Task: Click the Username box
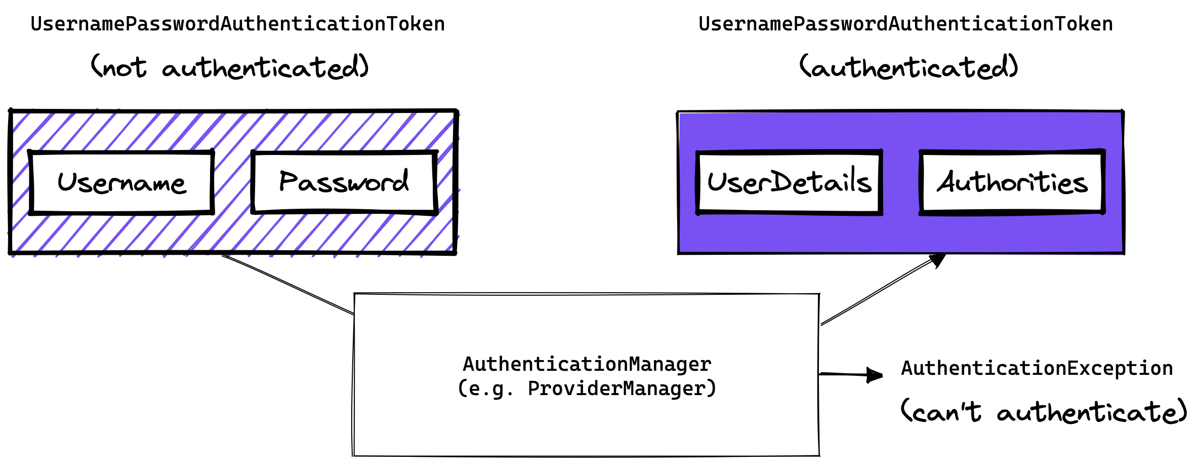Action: tap(121, 183)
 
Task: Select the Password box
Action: tap(344, 183)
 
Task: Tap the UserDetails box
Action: tap(790, 183)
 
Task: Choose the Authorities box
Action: tap(1012, 183)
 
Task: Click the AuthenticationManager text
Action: tap(587, 364)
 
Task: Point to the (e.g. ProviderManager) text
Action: tap(587, 389)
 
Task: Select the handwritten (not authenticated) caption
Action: tap(230, 68)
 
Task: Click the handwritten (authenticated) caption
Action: tap(909, 68)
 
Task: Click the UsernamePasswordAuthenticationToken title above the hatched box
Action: tap(238, 24)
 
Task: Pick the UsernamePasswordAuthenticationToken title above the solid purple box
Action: tap(905, 24)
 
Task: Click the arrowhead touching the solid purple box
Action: tap(938, 260)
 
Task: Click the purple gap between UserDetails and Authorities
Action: tap(901, 183)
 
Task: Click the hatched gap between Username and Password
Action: tap(233, 183)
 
